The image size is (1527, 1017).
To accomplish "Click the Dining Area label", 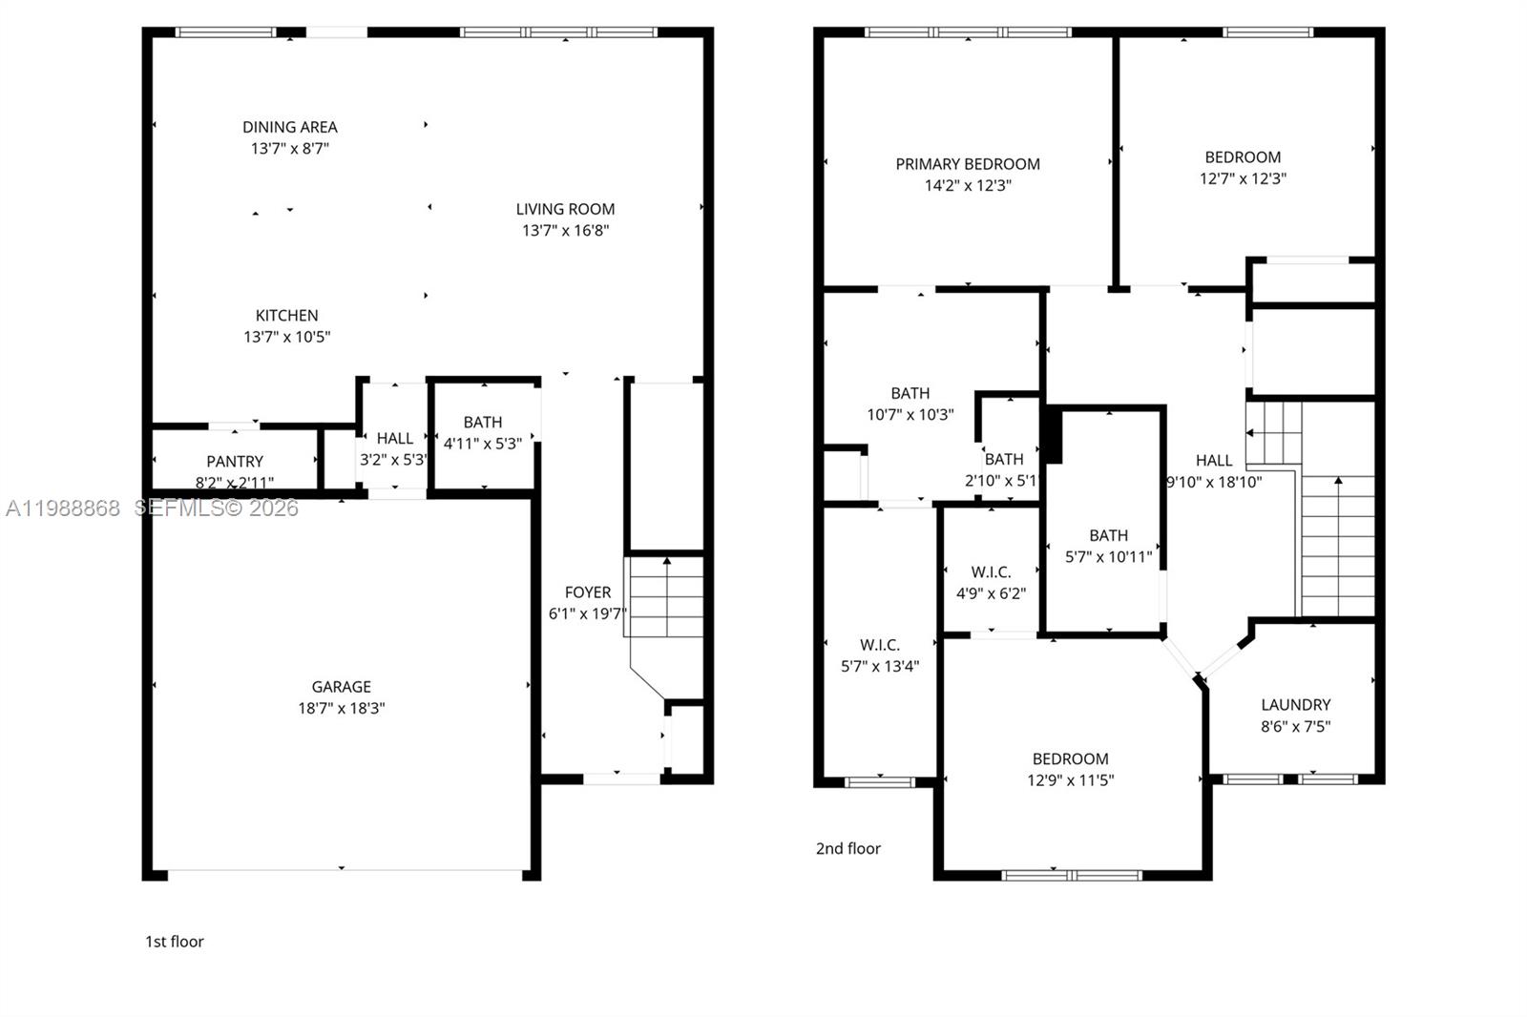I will click(289, 127).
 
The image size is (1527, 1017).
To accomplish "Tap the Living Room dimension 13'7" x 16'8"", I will click(565, 230).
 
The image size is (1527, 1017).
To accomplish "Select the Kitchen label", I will click(286, 315).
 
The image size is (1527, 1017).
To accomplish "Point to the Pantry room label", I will click(235, 462).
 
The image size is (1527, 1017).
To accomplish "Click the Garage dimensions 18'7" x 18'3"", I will click(341, 708).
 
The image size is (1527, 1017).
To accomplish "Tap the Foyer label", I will click(587, 592).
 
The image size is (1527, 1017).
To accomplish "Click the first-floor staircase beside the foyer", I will click(665, 597).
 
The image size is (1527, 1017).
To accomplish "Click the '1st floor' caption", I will click(175, 942).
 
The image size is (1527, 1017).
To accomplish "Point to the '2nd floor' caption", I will click(847, 848).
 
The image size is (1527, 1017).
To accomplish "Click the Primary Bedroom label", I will click(967, 164).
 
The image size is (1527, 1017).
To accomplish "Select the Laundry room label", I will click(1295, 705).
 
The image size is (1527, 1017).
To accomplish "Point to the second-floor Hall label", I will click(1214, 461).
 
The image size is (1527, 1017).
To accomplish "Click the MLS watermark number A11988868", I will click(63, 508).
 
